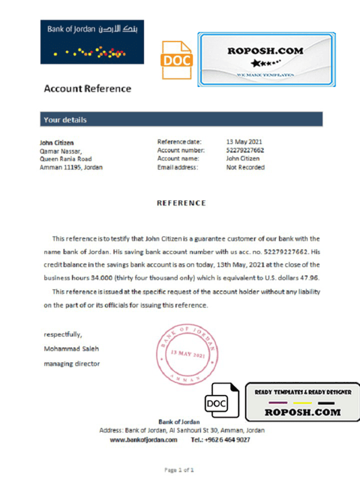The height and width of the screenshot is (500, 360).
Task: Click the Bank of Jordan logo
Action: click(x=92, y=42)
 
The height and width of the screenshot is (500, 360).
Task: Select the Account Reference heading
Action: click(x=87, y=89)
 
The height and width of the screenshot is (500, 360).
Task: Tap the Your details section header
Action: click(x=65, y=120)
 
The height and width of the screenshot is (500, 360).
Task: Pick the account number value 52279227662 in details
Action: click(x=245, y=150)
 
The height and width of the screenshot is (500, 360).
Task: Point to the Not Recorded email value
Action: click(x=245, y=167)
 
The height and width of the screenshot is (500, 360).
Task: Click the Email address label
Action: click(x=178, y=167)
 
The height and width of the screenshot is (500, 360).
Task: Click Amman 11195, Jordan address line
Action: click(x=71, y=167)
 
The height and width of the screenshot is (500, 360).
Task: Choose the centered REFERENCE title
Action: click(x=181, y=203)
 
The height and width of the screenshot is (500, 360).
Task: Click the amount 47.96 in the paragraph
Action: click(x=310, y=278)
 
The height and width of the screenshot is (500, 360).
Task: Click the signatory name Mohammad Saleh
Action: click(x=71, y=348)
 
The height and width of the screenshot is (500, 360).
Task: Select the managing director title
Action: click(x=72, y=363)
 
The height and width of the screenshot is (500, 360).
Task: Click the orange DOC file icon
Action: click(x=176, y=59)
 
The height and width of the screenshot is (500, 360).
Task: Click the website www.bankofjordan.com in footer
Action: click(x=143, y=439)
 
